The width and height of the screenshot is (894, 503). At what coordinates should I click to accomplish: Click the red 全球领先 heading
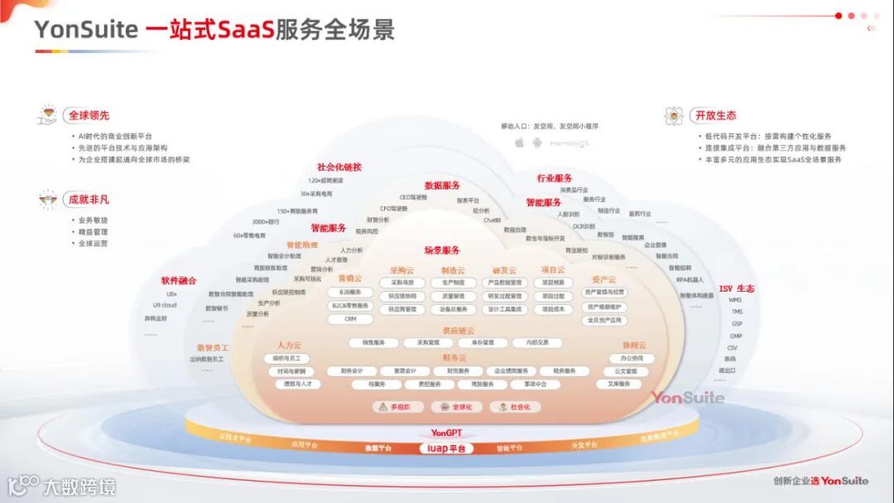[89, 115]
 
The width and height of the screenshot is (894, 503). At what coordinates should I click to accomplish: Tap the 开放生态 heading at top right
[715, 115]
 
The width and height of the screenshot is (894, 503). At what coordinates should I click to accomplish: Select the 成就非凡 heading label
[89, 199]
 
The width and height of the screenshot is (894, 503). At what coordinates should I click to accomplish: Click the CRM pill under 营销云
[350, 318]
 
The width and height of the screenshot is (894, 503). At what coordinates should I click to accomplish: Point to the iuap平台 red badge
[446, 448]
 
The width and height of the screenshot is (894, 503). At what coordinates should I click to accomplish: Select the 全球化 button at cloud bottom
[456, 407]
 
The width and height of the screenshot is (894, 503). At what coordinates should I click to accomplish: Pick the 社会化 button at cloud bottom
[514, 407]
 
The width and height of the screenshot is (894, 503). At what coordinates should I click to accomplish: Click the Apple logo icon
[520, 143]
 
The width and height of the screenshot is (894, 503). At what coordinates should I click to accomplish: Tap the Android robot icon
[537, 143]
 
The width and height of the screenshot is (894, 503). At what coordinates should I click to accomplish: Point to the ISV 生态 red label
[736, 288]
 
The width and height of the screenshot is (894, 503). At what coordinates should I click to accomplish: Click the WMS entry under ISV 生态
[735, 300]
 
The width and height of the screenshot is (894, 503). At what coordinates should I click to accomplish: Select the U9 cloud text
[165, 305]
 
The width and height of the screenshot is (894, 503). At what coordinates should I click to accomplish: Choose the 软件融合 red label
[179, 281]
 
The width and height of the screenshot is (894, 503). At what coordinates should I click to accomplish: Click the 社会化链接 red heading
[339, 167]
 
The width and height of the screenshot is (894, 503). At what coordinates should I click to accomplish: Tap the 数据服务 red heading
[442, 186]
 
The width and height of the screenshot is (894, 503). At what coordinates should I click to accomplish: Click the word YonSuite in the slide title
[86, 31]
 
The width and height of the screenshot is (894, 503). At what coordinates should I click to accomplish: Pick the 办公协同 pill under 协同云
[626, 359]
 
